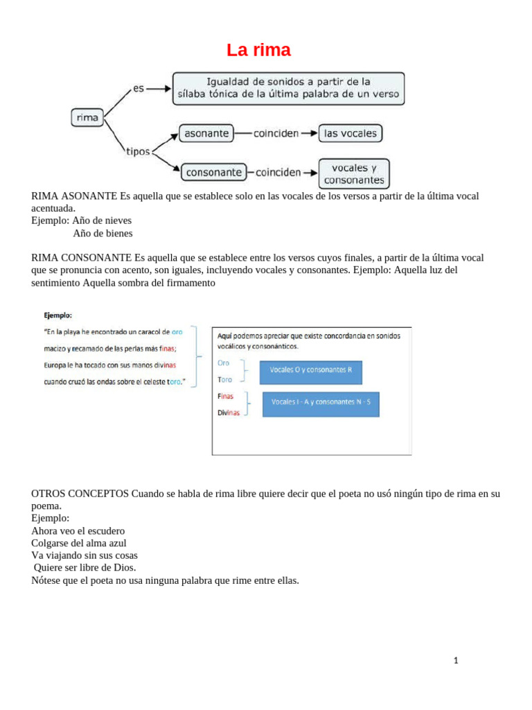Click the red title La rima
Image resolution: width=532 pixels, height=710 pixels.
259,51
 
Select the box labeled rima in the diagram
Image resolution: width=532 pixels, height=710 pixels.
88,118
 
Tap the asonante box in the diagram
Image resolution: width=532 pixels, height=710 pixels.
206,133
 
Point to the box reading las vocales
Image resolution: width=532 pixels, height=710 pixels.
350,133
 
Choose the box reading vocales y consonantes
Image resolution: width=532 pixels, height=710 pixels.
354,174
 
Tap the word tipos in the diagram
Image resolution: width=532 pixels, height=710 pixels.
138,150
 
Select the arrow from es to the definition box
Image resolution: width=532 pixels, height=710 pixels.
159,89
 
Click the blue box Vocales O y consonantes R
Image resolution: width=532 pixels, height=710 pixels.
311,371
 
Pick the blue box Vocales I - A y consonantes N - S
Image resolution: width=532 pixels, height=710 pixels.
321,403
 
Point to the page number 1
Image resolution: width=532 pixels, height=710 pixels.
456,660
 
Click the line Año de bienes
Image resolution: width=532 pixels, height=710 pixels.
103,234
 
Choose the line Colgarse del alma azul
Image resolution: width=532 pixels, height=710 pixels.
79,543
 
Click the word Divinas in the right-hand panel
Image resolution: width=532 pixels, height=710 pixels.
229,413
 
